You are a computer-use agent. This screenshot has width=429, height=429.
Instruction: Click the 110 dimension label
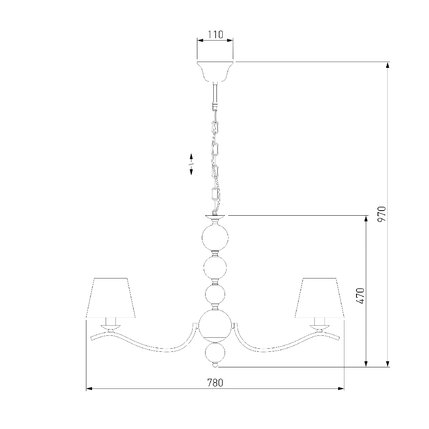coord(215,35)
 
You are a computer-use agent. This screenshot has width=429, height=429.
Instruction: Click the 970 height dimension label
coord(382,214)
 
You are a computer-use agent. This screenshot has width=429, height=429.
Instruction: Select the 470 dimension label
coord(360,296)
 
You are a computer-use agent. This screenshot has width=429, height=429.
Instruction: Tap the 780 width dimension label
coord(215,383)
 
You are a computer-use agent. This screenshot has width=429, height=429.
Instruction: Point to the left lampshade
coord(110,298)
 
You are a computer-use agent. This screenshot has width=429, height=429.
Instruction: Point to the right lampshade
coord(319,298)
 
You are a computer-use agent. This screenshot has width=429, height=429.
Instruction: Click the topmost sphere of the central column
coord(215,238)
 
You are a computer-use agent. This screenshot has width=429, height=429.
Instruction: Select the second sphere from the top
coord(215,267)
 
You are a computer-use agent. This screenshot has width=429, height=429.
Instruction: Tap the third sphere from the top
coord(215,295)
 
